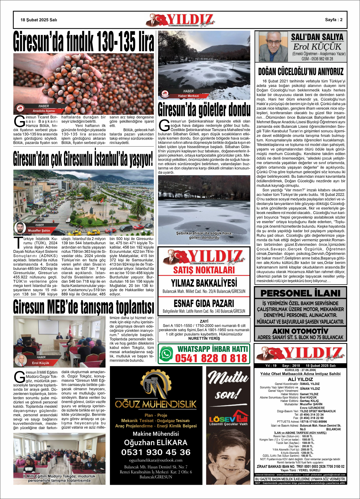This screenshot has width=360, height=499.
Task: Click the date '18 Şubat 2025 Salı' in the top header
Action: tap(39, 20)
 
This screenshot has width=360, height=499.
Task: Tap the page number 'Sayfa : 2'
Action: tap(333, 20)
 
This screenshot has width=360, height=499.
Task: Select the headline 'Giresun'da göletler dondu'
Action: tap(204, 110)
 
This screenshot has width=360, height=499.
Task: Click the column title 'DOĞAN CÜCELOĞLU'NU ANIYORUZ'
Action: tap(301, 72)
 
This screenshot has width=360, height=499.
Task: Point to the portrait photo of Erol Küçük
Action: tap(273, 47)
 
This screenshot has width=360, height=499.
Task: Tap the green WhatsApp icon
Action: tap(166, 354)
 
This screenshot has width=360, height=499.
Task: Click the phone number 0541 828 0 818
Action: tap(211, 358)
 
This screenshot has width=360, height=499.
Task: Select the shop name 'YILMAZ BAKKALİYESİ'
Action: tap(204, 283)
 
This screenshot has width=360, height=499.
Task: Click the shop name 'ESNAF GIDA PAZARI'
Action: tap(204, 304)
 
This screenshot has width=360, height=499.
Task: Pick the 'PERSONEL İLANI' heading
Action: tap(300, 293)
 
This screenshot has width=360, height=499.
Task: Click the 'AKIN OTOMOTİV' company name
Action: tap(300, 331)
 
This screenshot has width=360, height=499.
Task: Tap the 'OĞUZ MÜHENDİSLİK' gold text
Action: tap(156, 404)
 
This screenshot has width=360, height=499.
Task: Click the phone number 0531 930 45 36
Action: tap(156, 452)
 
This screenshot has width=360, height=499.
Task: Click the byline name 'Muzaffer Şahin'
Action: tap(39, 231)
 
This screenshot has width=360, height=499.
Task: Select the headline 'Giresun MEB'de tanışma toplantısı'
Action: tap(83, 307)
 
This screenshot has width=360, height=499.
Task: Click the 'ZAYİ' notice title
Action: tap(204, 321)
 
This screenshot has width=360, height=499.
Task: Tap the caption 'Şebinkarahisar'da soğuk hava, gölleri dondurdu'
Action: tap(204, 235)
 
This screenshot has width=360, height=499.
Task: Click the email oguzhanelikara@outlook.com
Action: tap(156, 460)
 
